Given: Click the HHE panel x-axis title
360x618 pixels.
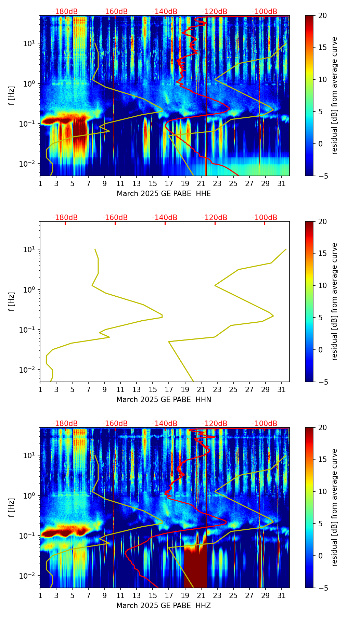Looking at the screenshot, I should pos(164,194).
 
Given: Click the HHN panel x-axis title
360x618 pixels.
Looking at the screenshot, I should pos(164,400).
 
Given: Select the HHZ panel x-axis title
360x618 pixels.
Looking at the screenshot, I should pos(164,606).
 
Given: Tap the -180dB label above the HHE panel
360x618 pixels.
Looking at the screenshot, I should pos(65,12).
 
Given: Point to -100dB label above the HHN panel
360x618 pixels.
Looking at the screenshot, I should pos(265,218).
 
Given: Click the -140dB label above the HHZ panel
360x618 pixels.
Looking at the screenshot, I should pos(165,424).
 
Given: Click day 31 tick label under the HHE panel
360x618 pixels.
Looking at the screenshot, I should pos(281,184).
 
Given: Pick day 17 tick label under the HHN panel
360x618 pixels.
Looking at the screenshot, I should pos(169,390).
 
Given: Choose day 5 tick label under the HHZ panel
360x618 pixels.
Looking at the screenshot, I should pos(72,596).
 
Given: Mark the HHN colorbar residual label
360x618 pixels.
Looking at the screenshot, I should pos(335,301).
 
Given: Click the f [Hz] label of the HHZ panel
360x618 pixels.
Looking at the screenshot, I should pos(12,507).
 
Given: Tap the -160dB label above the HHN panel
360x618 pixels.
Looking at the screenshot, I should pos(115,218).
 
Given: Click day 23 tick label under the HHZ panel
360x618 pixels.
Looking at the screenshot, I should pos(217,596).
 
